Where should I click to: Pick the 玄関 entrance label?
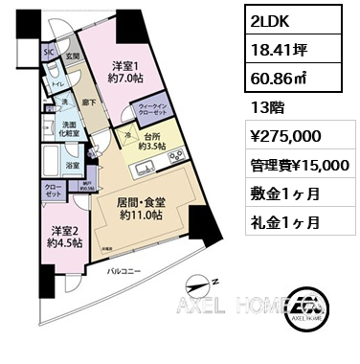tap(70, 57)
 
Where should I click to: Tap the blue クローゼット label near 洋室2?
tap(53, 191)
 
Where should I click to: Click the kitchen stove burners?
tap(174, 157)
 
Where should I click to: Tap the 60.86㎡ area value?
tap(274, 76)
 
